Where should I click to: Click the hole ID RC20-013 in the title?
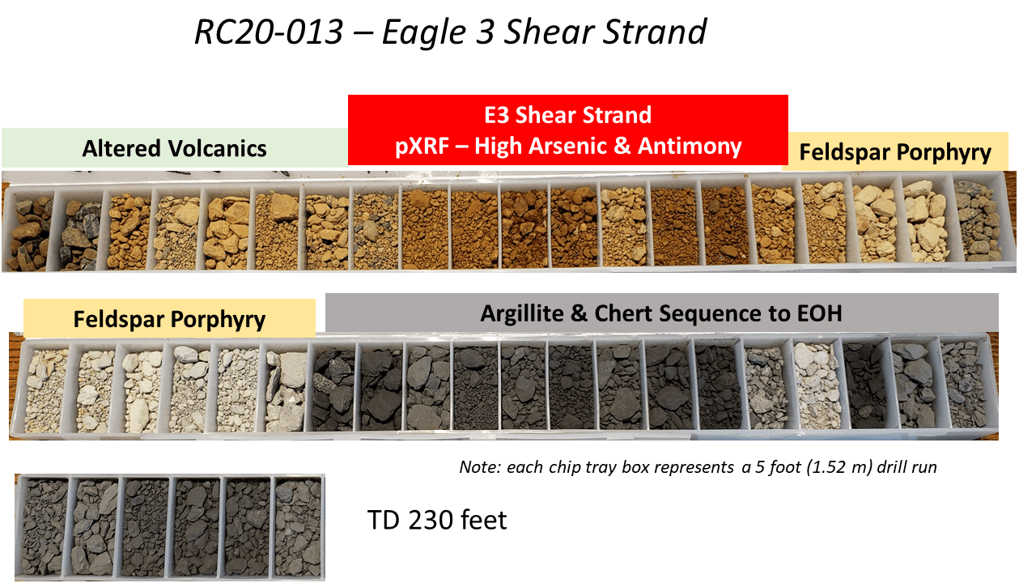[x=269, y=32]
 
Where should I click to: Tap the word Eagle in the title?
[x=423, y=32]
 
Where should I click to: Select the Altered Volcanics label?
[x=174, y=148]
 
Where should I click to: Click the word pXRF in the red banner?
[x=422, y=147]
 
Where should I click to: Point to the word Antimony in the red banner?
[x=690, y=147]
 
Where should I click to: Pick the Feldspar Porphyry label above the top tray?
[x=895, y=152]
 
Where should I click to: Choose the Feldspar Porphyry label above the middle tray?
[x=169, y=319]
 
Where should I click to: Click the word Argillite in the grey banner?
[x=522, y=313]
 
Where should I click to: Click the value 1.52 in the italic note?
[x=826, y=467]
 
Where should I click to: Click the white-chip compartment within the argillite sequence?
[x=817, y=385]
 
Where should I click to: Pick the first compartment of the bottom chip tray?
[x=45, y=526]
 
